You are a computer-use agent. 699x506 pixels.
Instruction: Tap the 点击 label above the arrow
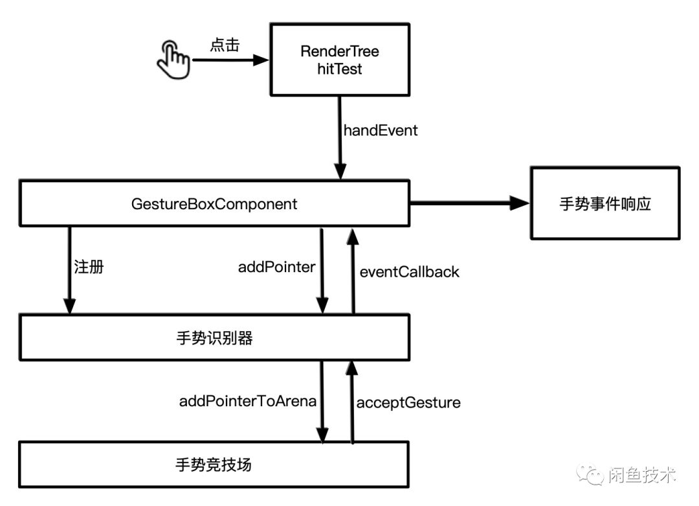[225, 45]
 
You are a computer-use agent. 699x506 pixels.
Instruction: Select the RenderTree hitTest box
[340, 60]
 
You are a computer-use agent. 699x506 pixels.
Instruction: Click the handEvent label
[381, 130]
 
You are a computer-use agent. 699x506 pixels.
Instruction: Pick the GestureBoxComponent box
[214, 204]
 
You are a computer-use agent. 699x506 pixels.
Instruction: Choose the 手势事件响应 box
[605, 204]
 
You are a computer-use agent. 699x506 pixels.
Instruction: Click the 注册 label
[89, 267]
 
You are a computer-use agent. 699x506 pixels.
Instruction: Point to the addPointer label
[276, 267]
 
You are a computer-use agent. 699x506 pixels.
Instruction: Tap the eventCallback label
[409, 271]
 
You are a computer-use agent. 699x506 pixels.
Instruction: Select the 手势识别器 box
[214, 338]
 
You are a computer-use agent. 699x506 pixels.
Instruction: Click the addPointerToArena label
[248, 401]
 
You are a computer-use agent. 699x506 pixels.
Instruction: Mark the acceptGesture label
[408, 402]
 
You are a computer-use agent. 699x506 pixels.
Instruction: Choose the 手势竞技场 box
[214, 464]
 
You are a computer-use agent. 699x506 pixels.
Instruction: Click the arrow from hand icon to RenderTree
[230, 60]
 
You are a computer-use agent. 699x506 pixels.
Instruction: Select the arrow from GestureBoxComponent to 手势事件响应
[469, 204]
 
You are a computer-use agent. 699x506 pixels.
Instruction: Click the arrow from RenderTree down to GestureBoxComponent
[339, 137]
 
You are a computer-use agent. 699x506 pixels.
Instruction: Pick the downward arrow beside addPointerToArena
[322, 402]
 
